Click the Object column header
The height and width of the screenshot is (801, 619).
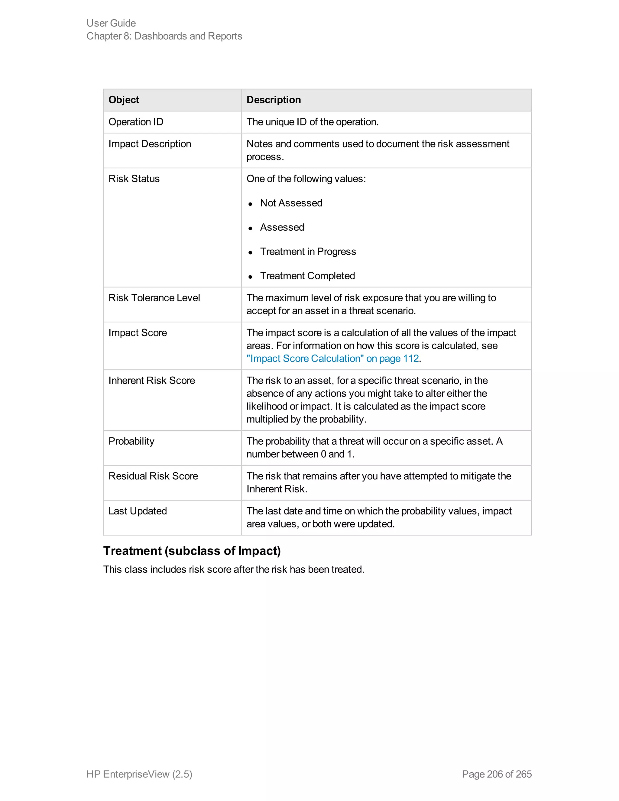pyautogui.click(x=124, y=100)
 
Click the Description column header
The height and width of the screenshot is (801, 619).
pyautogui.click(x=274, y=100)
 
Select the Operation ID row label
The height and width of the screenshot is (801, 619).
pyautogui.click(x=136, y=122)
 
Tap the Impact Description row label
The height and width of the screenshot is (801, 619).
pyautogui.click(x=150, y=144)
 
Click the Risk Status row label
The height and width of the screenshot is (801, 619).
pyautogui.click(x=134, y=179)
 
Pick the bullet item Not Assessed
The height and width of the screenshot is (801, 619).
pyautogui.click(x=291, y=203)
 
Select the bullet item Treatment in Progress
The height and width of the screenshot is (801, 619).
pyautogui.click(x=308, y=251)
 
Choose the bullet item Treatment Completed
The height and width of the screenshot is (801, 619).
pyautogui.click(x=307, y=276)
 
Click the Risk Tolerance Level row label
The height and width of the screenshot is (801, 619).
pyautogui.click(x=154, y=298)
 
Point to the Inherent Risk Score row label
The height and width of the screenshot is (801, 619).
pyautogui.click(x=151, y=381)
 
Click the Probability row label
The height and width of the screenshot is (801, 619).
pyautogui.click(x=131, y=441)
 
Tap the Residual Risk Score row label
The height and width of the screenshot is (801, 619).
pyautogui.click(x=153, y=476)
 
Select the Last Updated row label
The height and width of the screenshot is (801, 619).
pyautogui.click(x=138, y=511)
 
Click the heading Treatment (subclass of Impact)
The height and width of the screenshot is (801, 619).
pyautogui.click(x=192, y=551)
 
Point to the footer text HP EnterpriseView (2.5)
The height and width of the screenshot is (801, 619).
pyautogui.click(x=139, y=774)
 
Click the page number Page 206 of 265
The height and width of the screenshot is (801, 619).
pyautogui.click(x=497, y=774)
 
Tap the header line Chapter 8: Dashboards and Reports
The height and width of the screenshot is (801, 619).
pyautogui.click(x=164, y=36)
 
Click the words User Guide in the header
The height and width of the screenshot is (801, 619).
pyautogui.click(x=111, y=23)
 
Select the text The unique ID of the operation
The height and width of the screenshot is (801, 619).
pyautogui.click(x=313, y=122)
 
